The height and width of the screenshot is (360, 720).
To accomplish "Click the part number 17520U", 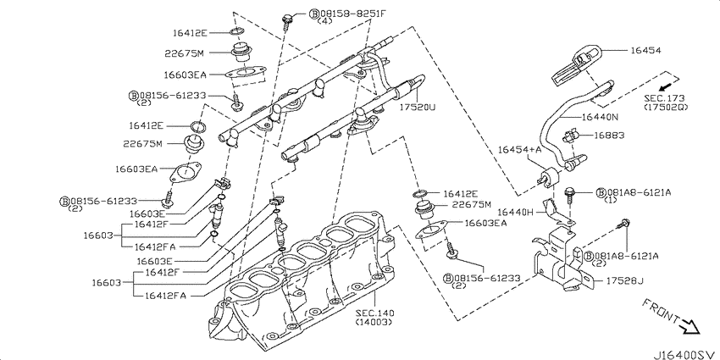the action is (417, 108).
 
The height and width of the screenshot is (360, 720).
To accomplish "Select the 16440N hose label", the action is (601, 117).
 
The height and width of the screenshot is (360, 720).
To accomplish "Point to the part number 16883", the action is (609, 136).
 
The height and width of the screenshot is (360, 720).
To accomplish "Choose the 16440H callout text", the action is (515, 212).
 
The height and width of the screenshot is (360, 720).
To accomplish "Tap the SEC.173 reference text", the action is (664, 98).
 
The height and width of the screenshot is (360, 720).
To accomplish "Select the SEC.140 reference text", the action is (374, 313).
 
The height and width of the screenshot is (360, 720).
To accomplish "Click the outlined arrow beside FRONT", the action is (690, 326).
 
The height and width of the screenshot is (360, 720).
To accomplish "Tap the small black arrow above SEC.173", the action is (663, 86).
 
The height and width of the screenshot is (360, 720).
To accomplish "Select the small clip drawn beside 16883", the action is (569, 136).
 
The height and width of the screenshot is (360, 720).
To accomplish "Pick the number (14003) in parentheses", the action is (374, 322).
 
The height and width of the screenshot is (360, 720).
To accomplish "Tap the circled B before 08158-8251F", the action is (314, 14).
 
